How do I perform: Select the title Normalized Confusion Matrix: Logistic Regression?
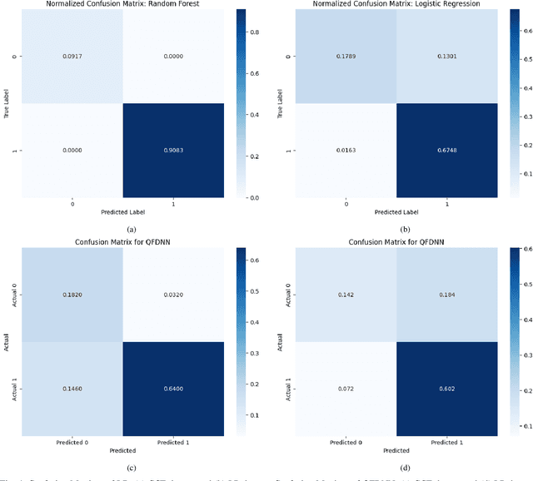398,5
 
